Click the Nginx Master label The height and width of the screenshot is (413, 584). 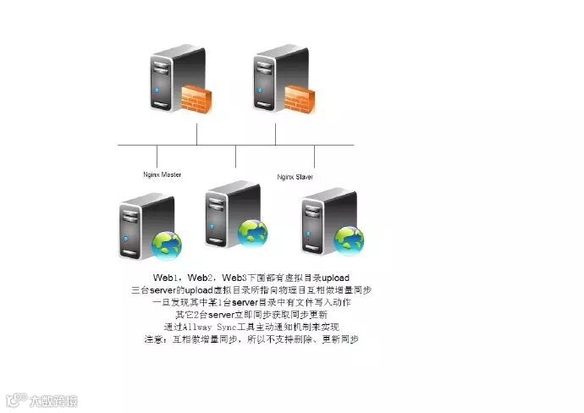(x=163, y=174)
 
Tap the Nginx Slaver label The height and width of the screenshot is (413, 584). (x=296, y=177)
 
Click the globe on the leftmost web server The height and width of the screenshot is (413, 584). (x=166, y=245)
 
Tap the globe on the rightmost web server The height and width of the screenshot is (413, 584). (x=348, y=240)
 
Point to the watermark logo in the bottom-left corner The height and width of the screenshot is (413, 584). (x=41, y=399)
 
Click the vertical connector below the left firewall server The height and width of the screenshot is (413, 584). (x=196, y=134)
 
